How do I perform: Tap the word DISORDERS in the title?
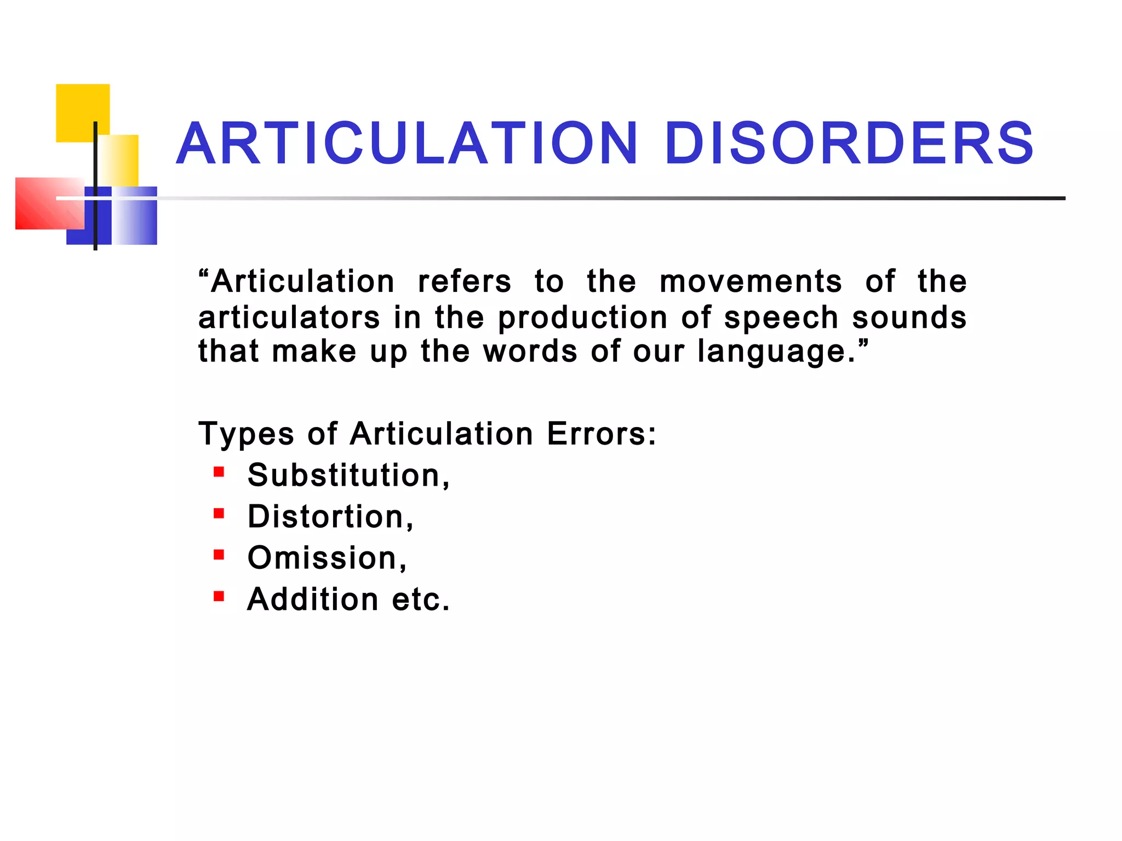coord(849,143)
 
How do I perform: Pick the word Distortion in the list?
coord(327,517)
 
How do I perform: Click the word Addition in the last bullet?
coord(313,600)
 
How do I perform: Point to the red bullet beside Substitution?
coord(219,472)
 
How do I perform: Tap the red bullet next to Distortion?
coord(219,514)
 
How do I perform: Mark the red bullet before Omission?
coord(219,555)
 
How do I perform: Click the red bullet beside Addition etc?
coord(219,596)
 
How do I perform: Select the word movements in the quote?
coord(751,282)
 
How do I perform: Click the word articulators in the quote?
coord(289,318)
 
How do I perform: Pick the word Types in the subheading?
coord(246,435)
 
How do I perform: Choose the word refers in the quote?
coord(464,282)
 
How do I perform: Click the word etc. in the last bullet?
coord(420,600)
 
